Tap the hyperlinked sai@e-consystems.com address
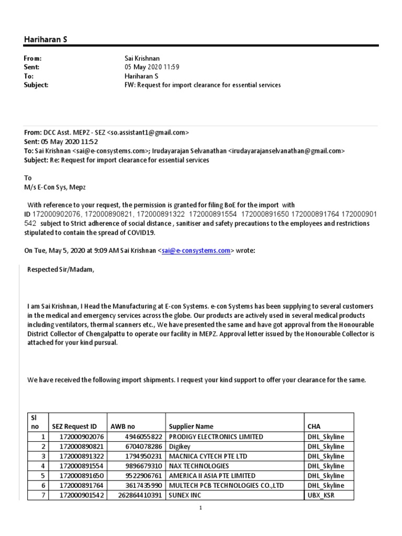point(196,251)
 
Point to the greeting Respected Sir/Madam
point(61,270)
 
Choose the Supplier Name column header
point(191,427)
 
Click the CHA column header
point(315,427)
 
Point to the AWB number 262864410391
point(140,495)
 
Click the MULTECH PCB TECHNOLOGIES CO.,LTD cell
point(226,486)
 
